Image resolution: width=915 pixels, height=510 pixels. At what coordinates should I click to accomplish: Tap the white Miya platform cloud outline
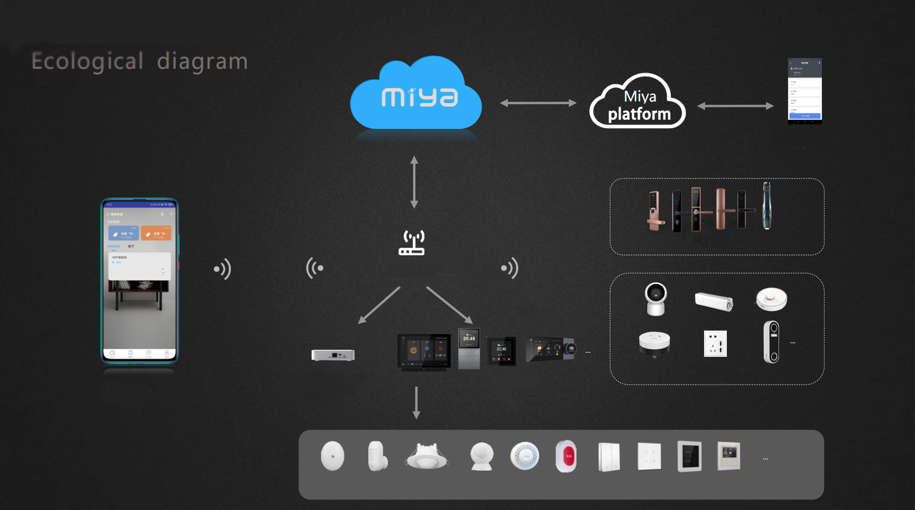click(x=638, y=104)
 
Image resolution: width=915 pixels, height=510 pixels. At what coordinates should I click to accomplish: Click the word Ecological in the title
click(x=88, y=62)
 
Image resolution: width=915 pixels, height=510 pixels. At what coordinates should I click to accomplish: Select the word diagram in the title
click(x=202, y=62)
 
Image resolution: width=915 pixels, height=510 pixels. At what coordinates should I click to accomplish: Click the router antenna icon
click(x=412, y=243)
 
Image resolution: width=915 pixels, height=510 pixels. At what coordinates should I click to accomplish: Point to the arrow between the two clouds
click(x=538, y=103)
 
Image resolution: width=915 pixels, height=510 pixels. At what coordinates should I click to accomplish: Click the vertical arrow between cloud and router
click(x=414, y=182)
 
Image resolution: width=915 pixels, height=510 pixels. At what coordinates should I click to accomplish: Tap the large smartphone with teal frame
click(x=140, y=281)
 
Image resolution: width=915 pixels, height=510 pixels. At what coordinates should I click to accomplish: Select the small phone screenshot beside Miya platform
click(x=805, y=91)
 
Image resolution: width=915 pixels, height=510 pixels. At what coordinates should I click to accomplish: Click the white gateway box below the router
click(x=333, y=355)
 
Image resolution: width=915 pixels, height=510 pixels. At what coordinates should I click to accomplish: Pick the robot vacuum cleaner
click(x=771, y=299)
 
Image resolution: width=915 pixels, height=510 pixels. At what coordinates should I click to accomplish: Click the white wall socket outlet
click(x=715, y=344)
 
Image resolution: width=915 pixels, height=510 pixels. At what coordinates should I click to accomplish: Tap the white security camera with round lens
click(x=656, y=299)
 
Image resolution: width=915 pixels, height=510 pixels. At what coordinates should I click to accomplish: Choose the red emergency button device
click(x=566, y=456)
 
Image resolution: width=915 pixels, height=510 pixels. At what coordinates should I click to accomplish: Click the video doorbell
click(x=771, y=342)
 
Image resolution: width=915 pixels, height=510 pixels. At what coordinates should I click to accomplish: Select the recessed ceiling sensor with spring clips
click(x=426, y=456)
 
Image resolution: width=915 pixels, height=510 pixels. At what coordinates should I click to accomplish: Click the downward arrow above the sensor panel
click(x=416, y=402)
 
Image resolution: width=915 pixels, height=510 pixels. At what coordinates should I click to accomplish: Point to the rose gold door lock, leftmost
click(x=656, y=210)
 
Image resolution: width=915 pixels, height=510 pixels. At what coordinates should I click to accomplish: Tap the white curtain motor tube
click(x=714, y=301)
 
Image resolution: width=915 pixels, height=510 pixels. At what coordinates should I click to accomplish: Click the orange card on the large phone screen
click(x=156, y=233)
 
